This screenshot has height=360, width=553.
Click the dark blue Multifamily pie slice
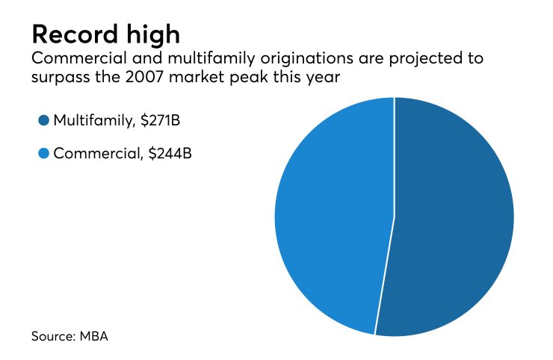click(456, 217)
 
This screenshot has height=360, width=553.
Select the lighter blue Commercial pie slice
click(333, 217)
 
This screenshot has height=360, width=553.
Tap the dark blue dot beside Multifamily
click(43, 120)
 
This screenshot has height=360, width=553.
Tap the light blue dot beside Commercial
click(43, 154)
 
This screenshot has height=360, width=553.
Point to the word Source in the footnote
click(52, 336)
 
